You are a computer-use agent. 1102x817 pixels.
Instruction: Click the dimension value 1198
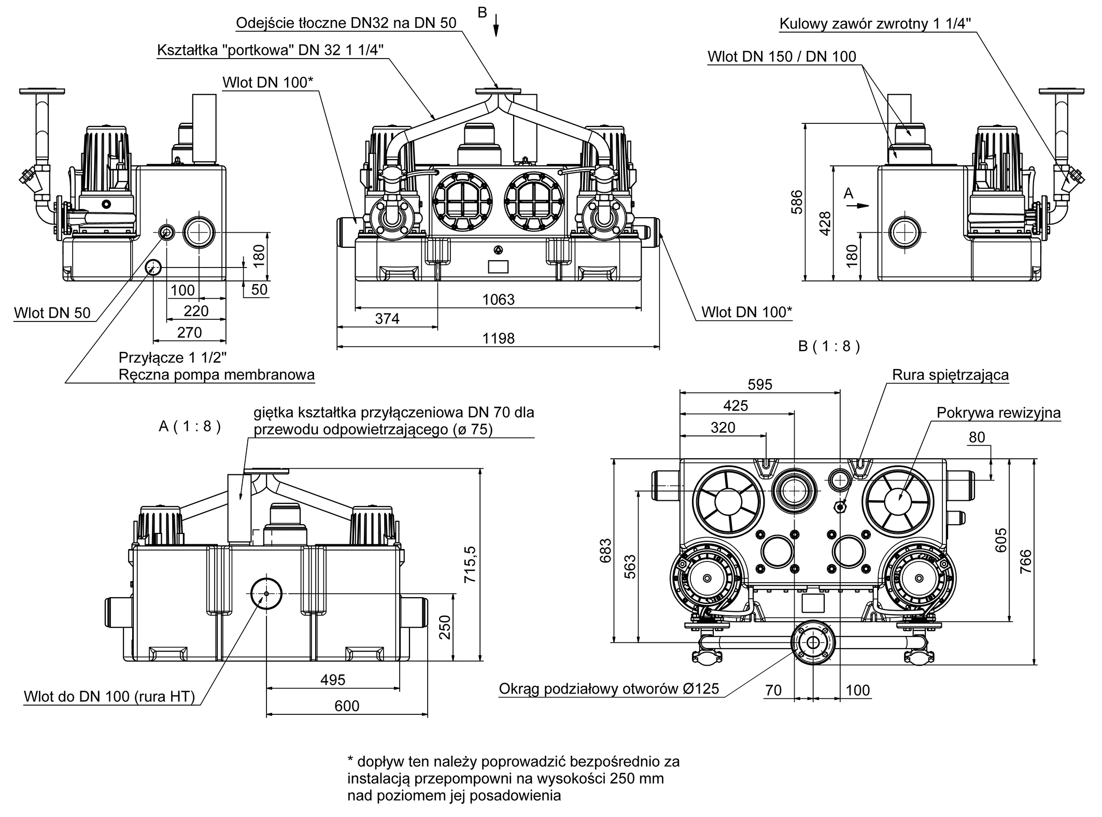point(498,339)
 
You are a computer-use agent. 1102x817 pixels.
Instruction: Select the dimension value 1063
point(498,300)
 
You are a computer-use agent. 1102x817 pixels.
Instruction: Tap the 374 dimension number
point(387,319)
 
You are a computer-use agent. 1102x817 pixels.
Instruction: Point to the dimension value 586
point(797,202)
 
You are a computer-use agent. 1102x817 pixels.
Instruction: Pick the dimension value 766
point(1026,561)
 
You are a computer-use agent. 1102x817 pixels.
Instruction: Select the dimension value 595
point(760,384)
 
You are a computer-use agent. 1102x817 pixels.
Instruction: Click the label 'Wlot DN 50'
point(52,313)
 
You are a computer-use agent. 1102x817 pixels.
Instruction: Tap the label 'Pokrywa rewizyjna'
point(999,413)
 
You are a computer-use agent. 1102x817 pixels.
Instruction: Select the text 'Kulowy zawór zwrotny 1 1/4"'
point(875,24)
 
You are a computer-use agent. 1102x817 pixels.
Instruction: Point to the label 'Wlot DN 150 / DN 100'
point(782,57)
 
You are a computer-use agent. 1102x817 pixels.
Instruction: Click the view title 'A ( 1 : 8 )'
point(190,427)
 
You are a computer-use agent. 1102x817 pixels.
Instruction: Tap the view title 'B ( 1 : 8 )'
point(829,346)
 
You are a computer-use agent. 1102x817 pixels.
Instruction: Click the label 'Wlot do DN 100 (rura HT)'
point(109,696)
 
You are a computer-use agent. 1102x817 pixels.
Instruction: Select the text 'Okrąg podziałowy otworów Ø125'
point(609,688)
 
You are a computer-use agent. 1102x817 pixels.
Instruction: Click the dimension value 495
point(332,680)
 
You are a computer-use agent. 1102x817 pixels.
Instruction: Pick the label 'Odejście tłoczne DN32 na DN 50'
point(346,23)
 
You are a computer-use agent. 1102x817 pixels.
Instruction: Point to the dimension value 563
point(629,567)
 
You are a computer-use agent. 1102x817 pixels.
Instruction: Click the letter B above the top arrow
point(482,12)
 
